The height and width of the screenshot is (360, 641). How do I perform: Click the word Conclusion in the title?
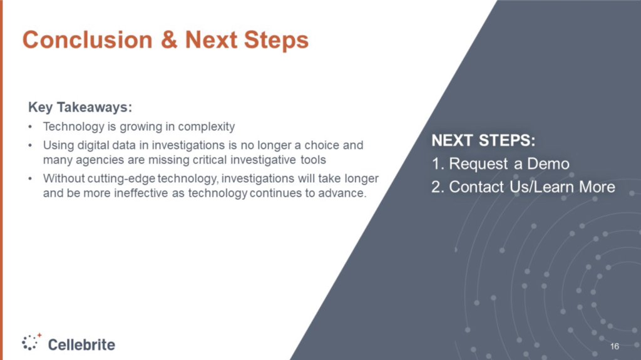pos(88,39)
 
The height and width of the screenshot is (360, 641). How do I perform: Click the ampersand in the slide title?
pos(169,39)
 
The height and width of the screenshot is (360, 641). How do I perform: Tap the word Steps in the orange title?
pos(276,40)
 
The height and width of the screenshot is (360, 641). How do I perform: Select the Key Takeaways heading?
pos(80,107)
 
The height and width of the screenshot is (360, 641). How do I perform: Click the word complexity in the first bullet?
pos(207,127)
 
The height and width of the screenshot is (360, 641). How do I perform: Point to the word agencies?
pos(100,160)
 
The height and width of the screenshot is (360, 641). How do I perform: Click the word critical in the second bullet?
pos(210,160)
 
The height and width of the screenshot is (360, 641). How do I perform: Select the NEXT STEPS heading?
pos(484,140)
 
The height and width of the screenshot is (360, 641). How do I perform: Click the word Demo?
pos(548,163)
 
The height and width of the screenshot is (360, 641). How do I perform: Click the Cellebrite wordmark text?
pos(82,345)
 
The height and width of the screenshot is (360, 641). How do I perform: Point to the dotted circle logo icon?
pos(31,342)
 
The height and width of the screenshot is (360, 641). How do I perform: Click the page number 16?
pos(615,346)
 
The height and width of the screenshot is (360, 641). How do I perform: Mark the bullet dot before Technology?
pos(30,127)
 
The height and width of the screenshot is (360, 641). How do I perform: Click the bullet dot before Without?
pos(30,179)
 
